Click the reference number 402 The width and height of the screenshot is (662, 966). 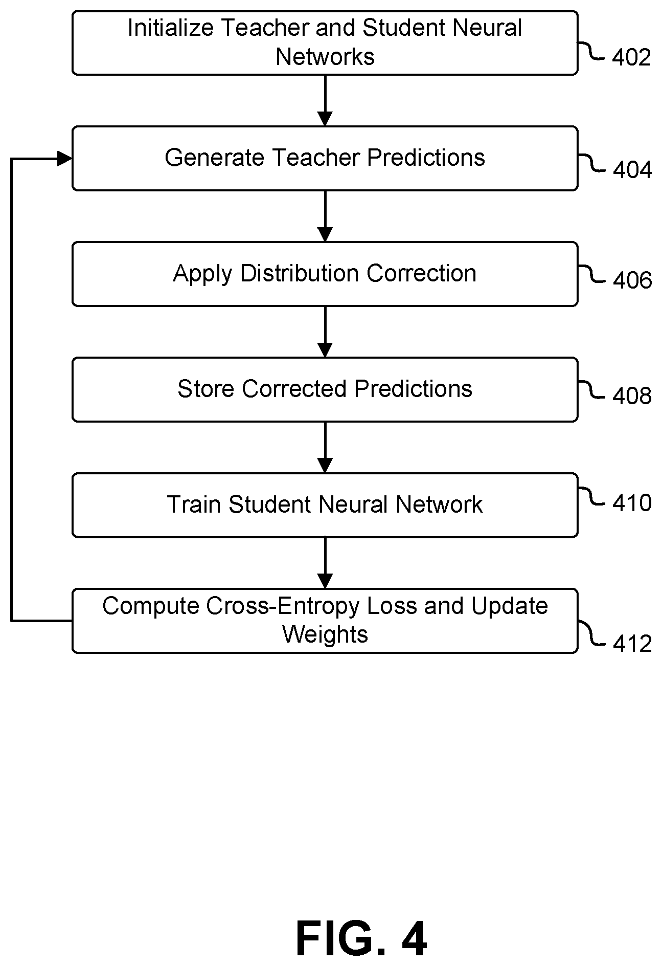pyautogui.click(x=631, y=57)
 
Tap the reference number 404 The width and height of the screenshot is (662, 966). pyautogui.click(x=632, y=170)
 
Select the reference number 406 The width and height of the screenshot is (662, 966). pyautogui.click(x=632, y=280)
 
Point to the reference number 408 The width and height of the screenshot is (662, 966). pyautogui.click(x=632, y=396)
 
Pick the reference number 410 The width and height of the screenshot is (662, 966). pyautogui.click(x=632, y=503)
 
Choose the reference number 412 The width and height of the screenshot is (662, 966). pyautogui.click(x=632, y=644)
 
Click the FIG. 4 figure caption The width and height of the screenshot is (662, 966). pyautogui.click(x=361, y=939)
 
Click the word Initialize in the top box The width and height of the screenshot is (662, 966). pyautogui.click(x=170, y=28)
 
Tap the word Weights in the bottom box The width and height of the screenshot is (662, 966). pyautogui.click(x=325, y=635)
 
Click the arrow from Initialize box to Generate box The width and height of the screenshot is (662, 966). pyautogui.click(x=325, y=100)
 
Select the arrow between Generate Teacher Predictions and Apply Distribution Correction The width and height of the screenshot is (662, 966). pyautogui.click(x=325, y=216)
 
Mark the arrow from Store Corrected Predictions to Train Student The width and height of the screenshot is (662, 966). pyautogui.click(x=325, y=447)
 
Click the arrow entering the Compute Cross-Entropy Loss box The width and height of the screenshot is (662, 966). pyautogui.click(x=325, y=563)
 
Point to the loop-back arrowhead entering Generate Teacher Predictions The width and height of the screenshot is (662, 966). pyautogui.click(x=65, y=159)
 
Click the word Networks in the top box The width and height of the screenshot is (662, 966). pyautogui.click(x=325, y=56)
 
